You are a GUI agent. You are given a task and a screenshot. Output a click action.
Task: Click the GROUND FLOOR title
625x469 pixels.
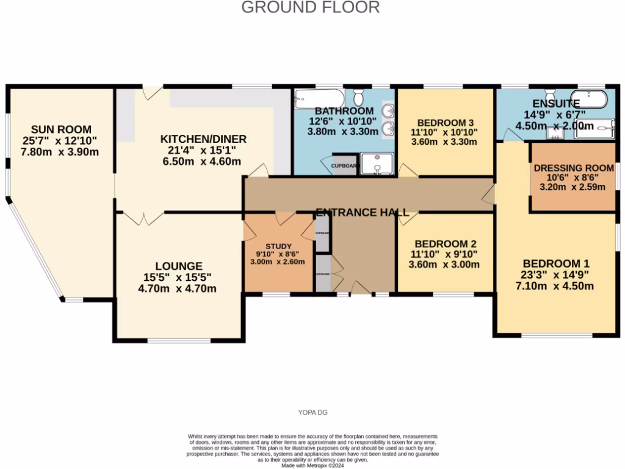311,7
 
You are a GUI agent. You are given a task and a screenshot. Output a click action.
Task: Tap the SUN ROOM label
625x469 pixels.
62,129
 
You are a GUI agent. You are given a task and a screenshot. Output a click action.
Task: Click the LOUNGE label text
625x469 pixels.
178,266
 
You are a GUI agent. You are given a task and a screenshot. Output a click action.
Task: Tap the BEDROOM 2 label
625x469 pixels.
444,242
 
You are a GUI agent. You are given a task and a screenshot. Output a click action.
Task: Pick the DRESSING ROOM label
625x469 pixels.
573,168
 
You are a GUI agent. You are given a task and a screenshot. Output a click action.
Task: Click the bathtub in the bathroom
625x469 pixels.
319,98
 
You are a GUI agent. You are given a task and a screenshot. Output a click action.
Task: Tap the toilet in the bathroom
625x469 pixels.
359,97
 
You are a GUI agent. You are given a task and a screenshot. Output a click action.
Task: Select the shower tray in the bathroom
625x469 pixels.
377,164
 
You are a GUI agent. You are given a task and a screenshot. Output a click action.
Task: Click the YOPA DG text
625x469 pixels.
312,412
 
